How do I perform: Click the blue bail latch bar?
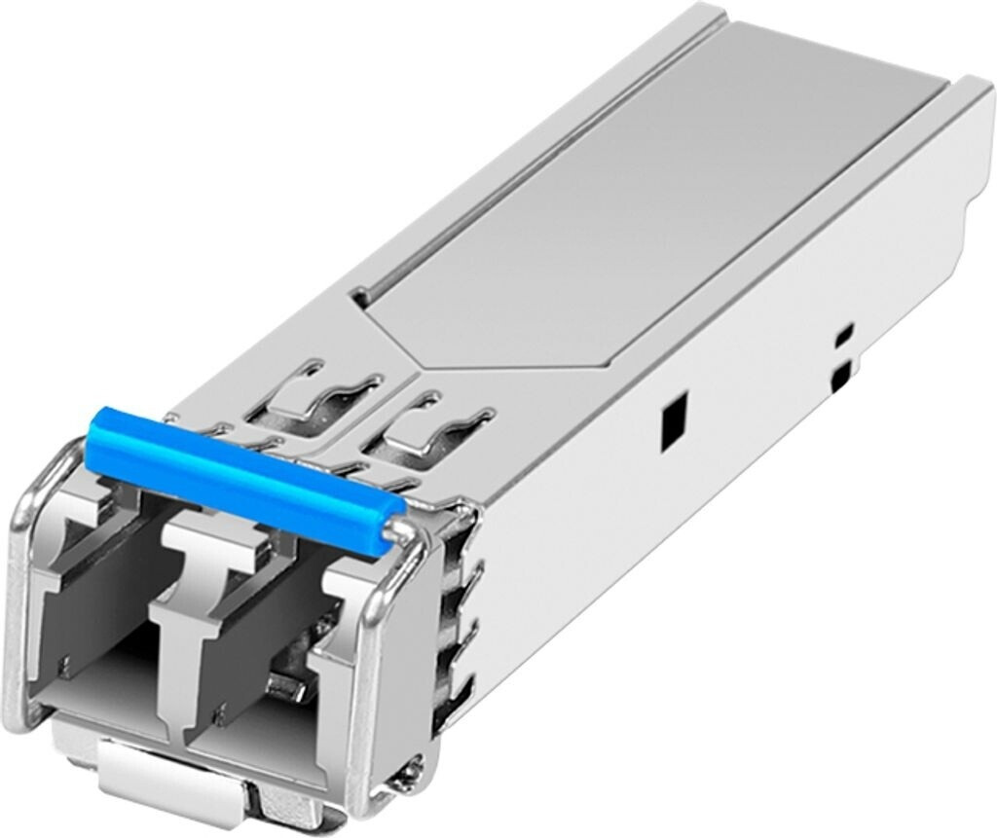pyautogui.click(x=243, y=470)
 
